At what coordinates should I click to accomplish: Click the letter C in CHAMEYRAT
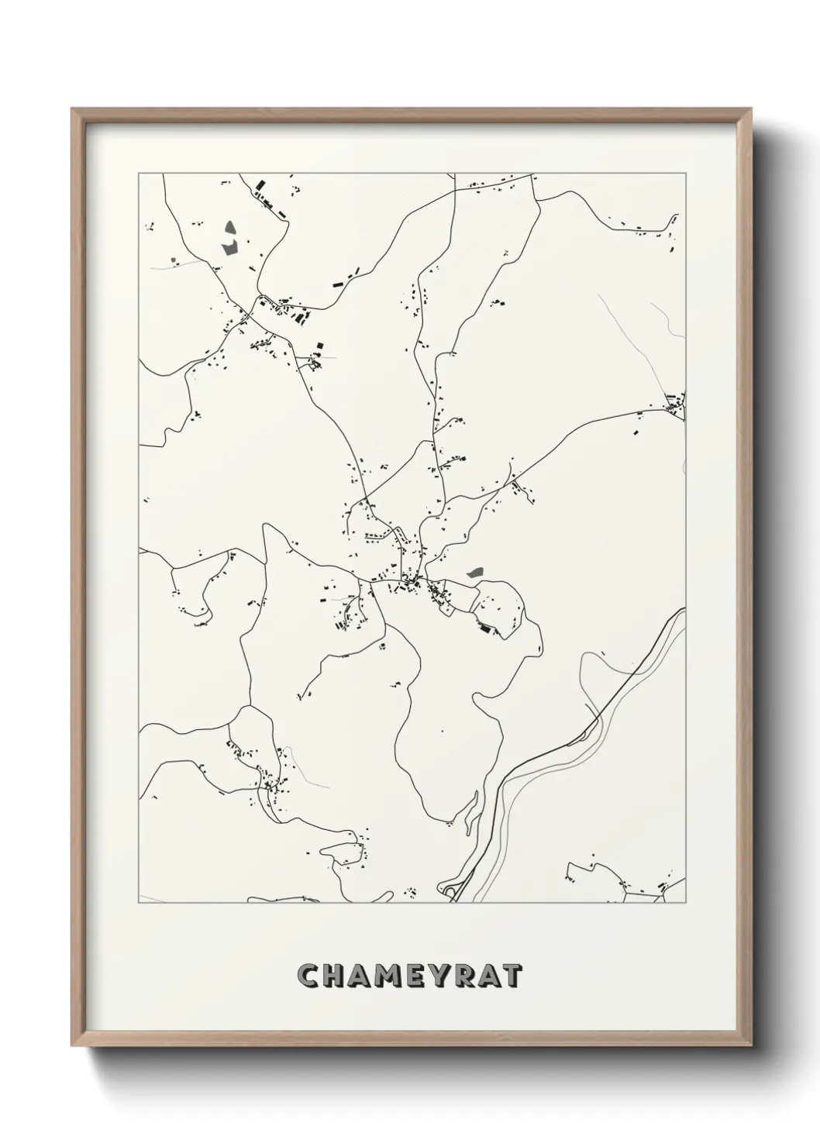309,976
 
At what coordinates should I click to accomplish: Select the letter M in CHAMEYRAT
392,976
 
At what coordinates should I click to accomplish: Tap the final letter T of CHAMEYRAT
513,976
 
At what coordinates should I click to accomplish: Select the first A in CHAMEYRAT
363,976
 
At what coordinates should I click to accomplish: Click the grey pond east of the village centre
474,573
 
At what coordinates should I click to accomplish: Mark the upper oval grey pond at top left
230,229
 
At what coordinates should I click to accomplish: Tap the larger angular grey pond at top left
229,248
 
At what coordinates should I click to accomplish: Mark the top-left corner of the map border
139,174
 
